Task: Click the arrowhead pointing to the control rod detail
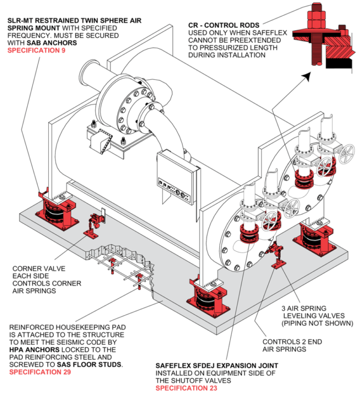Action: click(309, 76)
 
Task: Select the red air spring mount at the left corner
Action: click(57, 208)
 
